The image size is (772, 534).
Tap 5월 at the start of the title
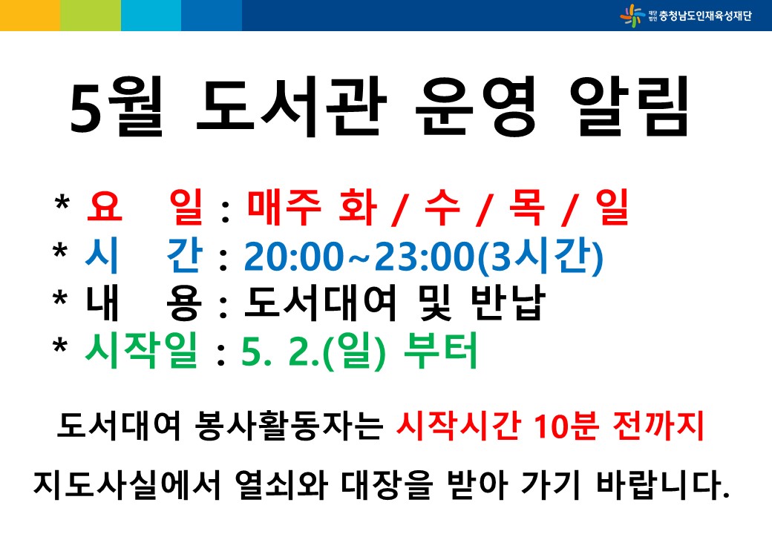[x=117, y=106]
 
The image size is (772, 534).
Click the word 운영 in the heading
[x=476, y=106]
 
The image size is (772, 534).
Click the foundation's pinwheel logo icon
[x=632, y=16]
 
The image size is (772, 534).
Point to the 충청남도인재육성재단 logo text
[x=705, y=16]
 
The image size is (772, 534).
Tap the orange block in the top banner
[x=30, y=16]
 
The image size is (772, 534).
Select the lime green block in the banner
[x=91, y=16]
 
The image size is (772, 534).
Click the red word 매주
[x=284, y=206]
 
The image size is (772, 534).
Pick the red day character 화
[x=358, y=206]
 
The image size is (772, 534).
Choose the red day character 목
[x=527, y=206]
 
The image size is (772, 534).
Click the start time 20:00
[x=293, y=256]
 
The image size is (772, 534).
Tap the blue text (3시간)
[x=540, y=256]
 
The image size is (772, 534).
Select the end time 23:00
[x=425, y=256]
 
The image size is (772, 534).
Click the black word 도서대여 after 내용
[x=320, y=303]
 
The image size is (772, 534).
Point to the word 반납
[x=508, y=303]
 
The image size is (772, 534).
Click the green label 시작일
[x=141, y=350]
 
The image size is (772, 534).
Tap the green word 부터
[x=440, y=350]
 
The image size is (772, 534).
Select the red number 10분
[x=566, y=426]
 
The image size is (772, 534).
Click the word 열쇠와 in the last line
[x=281, y=484]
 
